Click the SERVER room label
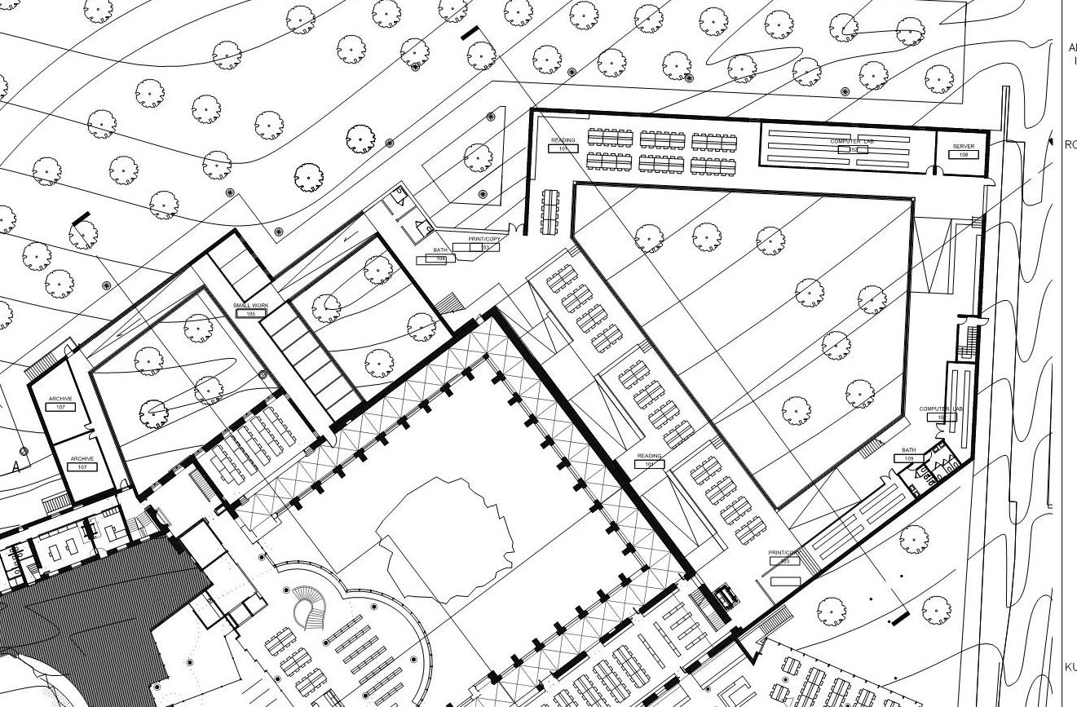(963, 147)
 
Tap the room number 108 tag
(963, 154)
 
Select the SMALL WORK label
(250, 305)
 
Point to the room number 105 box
(250, 313)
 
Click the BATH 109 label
(908, 450)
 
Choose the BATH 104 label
(441, 250)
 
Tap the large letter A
(15, 467)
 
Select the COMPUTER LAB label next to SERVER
(852, 142)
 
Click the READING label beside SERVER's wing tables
(563, 140)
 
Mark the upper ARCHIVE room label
(60, 399)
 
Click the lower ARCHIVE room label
(82, 459)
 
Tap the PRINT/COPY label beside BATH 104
(484, 239)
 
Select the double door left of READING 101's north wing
(515, 228)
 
